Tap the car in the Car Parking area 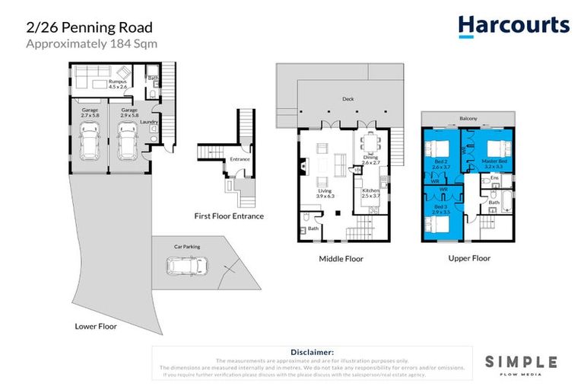[x=186, y=267]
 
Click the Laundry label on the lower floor [x=148, y=121]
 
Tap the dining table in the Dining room [x=370, y=142]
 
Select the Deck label [x=348, y=99]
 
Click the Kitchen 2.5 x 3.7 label [x=370, y=193]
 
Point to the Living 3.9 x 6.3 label [x=325, y=194]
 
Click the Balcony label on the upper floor [x=468, y=118]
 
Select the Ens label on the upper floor [x=494, y=177]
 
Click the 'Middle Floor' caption [x=341, y=259]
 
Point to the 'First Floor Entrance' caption [x=229, y=216]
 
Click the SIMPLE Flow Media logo [x=521, y=363]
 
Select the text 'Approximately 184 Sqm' [x=92, y=43]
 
